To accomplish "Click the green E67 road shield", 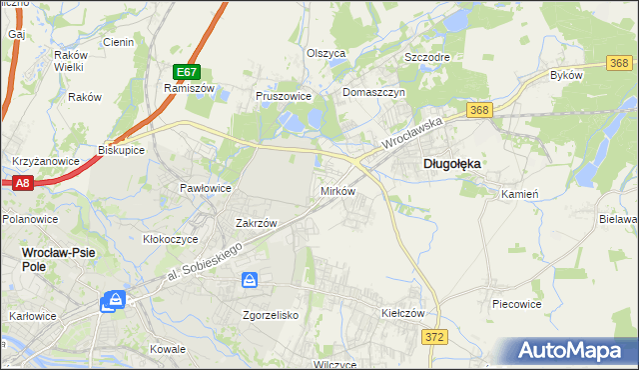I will (x=186, y=72).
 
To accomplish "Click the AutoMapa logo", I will (x=576, y=351).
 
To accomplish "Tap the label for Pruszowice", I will (x=285, y=97).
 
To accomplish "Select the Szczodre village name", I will (x=426, y=57).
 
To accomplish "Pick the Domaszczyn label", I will (x=372, y=92).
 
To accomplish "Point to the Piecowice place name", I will (x=516, y=302).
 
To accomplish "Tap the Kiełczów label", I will (x=403, y=313).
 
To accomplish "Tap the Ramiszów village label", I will (x=184, y=88).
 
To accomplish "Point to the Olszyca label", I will (x=325, y=53).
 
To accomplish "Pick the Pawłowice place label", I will (x=206, y=188).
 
